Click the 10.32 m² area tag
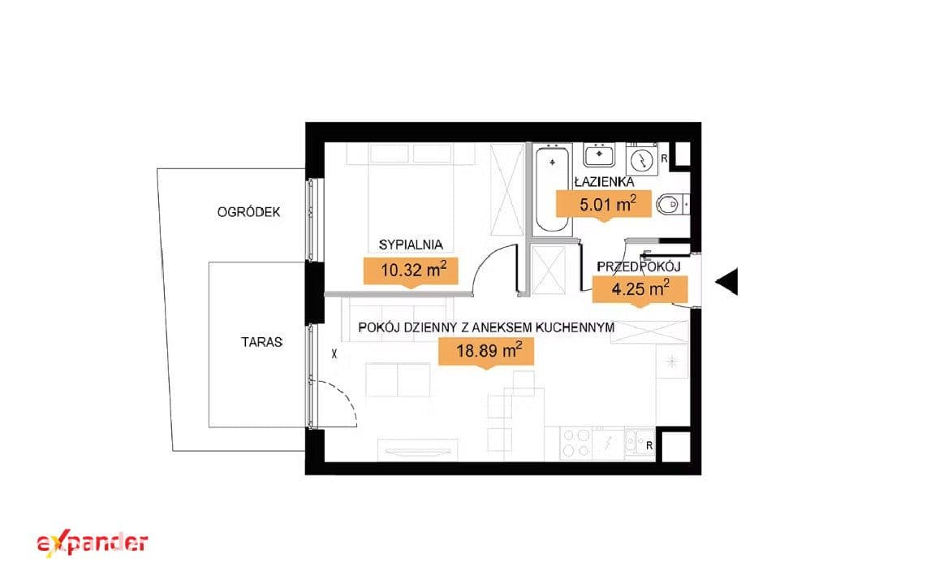pos(411,271)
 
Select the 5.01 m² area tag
pos(604,206)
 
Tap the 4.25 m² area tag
pos(640,291)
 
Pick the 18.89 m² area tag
pos(486,352)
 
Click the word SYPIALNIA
pos(411,245)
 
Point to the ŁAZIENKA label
pos(604,182)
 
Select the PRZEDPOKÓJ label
pos(639,266)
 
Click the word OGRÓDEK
pos(248,212)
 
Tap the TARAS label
pos(262,342)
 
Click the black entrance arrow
pos(726,281)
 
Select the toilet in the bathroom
pos(673,205)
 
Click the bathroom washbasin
pos(599,155)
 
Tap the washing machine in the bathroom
pos(642,159)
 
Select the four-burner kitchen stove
pos(576,443)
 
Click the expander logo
pos(93,544)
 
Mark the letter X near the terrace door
pos(334,354)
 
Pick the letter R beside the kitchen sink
pos(649,446)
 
